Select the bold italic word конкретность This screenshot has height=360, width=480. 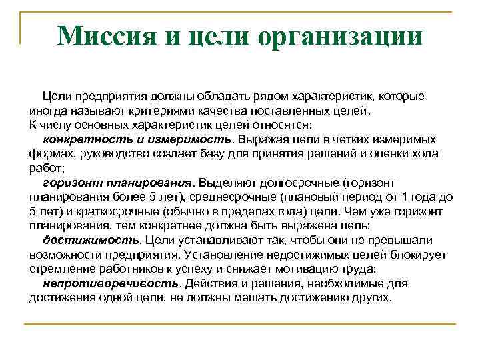pyautogui.click(x=84, y=139)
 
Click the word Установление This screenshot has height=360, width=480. pyautogui.click(x=222, y=255)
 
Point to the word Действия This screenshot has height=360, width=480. pyautogui.click(x=210, y=283)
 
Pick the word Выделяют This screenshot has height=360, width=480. pyautogui.click(x=225, y=183)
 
